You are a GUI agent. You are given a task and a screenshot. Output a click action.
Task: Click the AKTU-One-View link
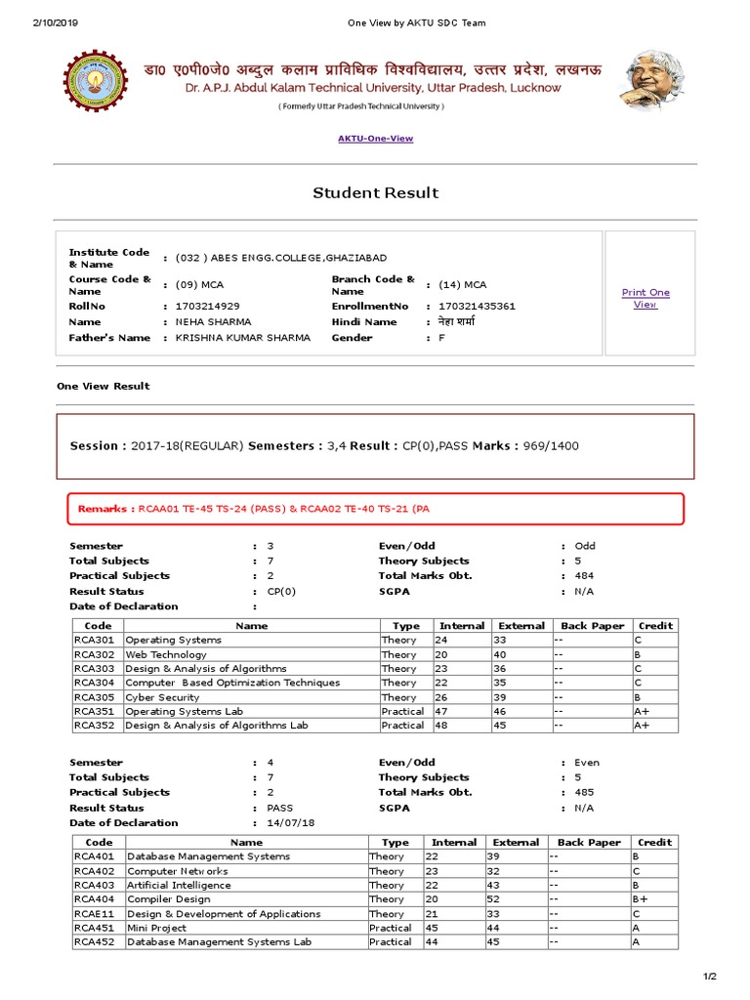click(x=375, y=139)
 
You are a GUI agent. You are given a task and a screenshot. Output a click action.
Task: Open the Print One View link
click(x=646, y=298)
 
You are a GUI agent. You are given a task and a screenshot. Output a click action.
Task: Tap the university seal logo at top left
click(x=96, y=81)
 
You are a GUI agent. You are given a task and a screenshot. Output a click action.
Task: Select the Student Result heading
click(x=375, y=192)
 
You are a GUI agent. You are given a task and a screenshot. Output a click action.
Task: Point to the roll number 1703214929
click(x=207, y=306)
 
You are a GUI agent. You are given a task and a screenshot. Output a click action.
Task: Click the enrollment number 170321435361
click(x=478, y=306)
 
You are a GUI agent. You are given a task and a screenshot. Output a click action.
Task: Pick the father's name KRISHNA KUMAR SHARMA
click(x=243, y=337)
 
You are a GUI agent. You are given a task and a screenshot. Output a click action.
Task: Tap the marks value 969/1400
click(x=551, y=445)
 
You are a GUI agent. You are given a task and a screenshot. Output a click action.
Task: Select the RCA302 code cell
click(x=94, y=654)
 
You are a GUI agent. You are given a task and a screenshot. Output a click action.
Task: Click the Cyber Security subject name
click(x=162, y=697)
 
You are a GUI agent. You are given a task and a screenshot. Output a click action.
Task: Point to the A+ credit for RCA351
click(x=642, y=712)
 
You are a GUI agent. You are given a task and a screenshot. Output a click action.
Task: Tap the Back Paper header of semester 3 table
click(x=593, y=626)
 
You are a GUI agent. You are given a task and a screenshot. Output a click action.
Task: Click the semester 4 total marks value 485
click(x=584, y=792)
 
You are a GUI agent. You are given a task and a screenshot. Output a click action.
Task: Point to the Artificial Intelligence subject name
click(x=179, y=885)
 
